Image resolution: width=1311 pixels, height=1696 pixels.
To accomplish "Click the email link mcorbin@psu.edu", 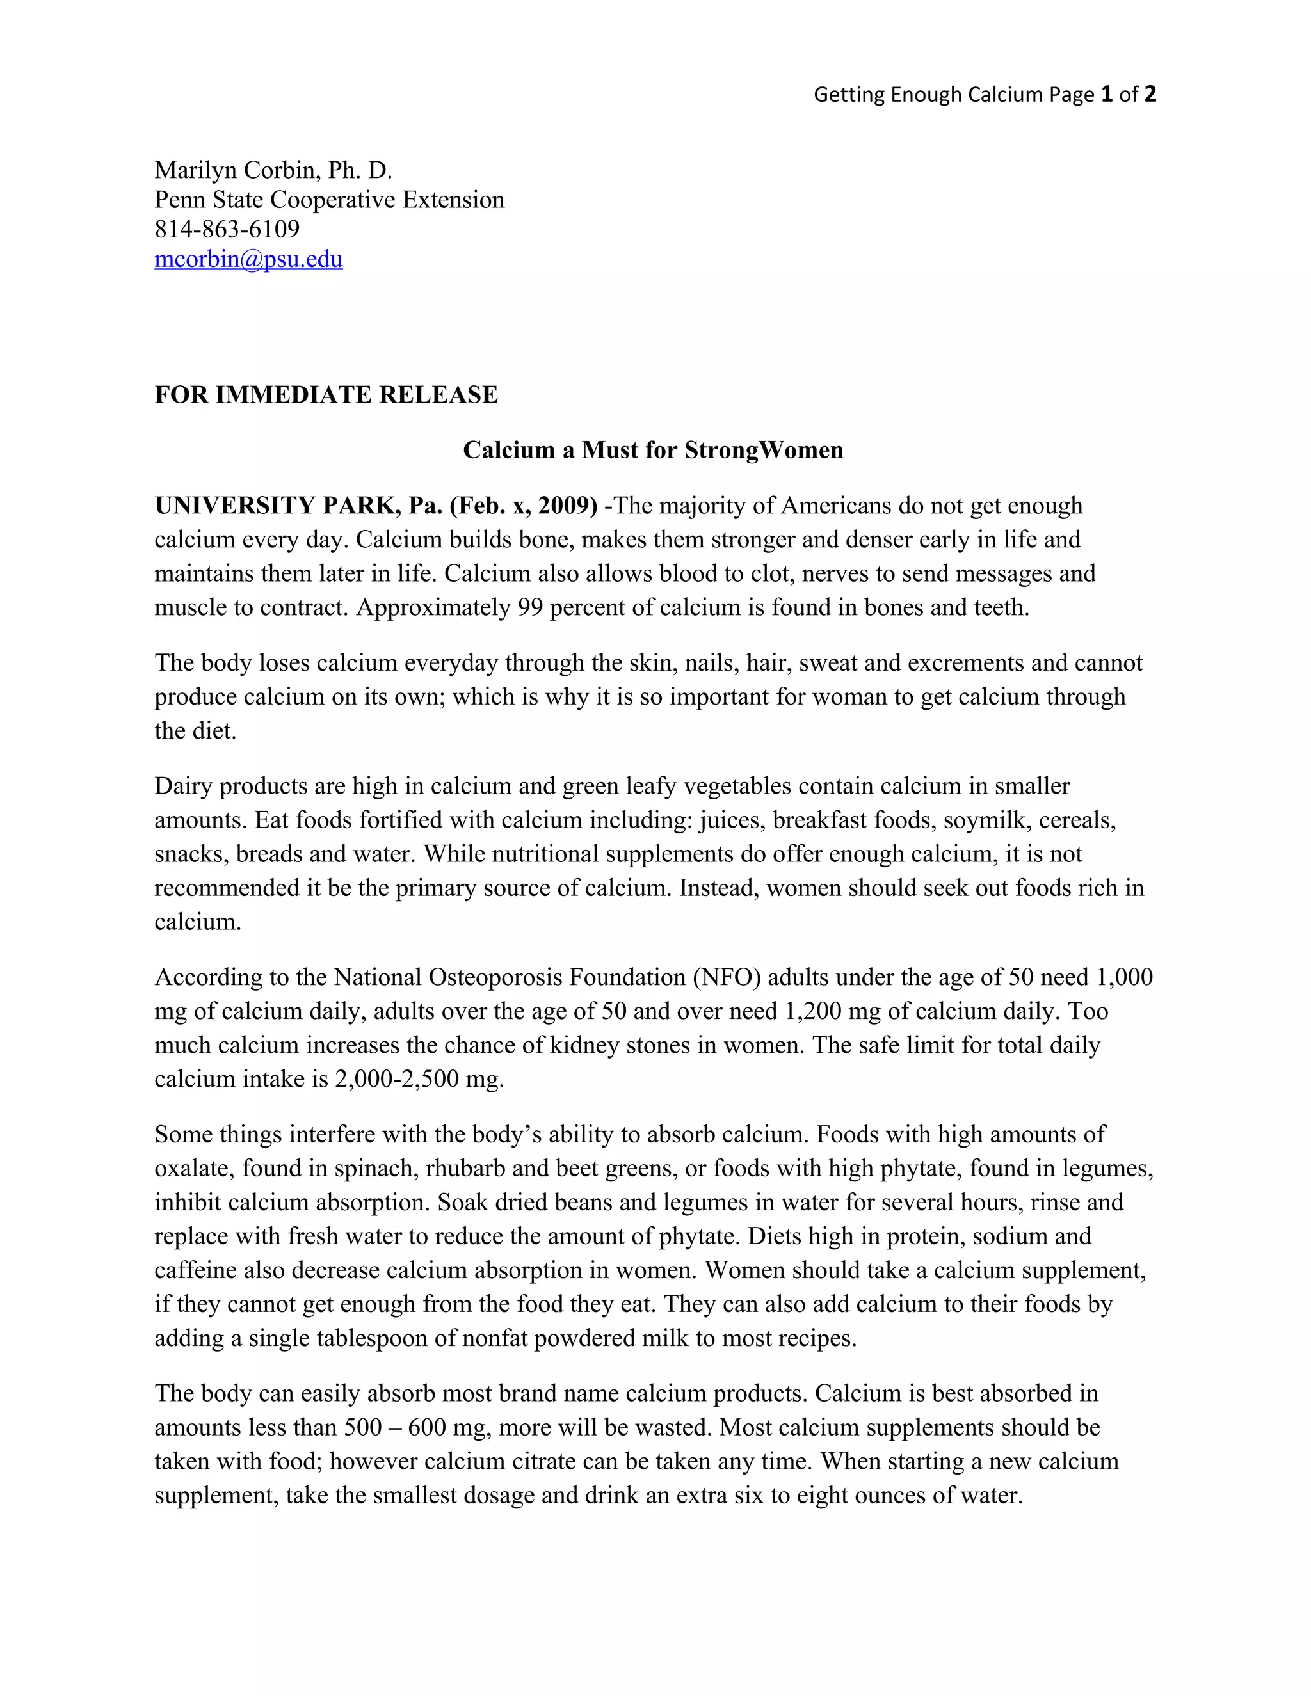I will click(x=248, y=259).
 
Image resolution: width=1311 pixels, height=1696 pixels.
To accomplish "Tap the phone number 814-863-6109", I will click(x=227, y=229).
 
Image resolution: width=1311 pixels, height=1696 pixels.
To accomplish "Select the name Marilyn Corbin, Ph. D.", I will click(x=273, y=170).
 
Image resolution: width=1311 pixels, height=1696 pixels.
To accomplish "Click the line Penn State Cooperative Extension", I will click(x=329, y=200).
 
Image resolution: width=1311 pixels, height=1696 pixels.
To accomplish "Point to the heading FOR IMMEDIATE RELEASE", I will click(x=326, y=394).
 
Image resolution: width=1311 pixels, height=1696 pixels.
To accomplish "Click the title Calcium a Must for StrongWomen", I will click(x=653, y=450).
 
